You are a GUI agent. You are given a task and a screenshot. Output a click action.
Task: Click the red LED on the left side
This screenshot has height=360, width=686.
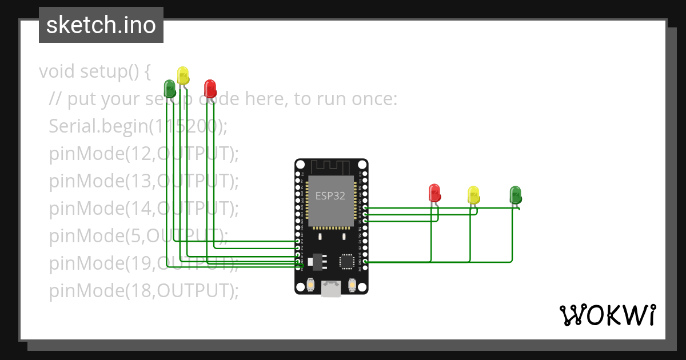[x=210, y=88]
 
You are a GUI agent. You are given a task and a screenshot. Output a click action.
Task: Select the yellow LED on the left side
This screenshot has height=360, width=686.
[x=183, y=75]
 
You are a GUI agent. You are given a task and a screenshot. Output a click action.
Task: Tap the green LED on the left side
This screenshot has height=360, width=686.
[x=170, y=88]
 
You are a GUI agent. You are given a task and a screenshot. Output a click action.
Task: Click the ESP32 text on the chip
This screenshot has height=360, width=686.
[x=330, y=196]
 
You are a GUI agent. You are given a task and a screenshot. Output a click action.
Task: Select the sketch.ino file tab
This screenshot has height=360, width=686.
[x=101, y=25]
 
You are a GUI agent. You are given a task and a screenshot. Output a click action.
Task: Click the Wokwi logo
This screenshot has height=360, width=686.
[x=607, y=315]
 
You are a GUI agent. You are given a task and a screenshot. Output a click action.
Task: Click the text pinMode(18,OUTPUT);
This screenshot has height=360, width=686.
[x=143, y=291]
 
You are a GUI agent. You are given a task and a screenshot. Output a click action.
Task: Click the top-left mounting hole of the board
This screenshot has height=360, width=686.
[x=299, y=164]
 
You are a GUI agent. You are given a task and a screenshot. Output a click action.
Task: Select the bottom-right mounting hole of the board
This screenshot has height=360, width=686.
[x=364, y=290]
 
